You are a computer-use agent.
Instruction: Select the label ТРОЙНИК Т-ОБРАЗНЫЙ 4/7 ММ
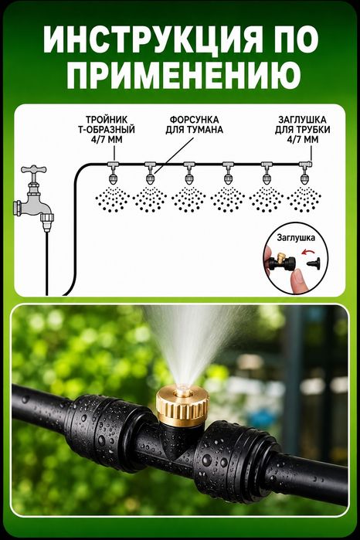(110, 130)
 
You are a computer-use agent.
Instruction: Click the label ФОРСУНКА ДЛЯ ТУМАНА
(194, 124)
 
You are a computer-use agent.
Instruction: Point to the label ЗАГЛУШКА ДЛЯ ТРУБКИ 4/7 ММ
(302, 130)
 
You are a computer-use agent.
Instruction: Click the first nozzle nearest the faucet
(113, 173)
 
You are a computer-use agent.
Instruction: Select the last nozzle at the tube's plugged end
(304, 173)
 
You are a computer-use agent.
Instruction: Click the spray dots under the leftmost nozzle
(113, 199)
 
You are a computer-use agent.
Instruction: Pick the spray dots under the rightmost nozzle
(304, 199)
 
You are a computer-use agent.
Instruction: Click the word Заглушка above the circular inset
(296, 238)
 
